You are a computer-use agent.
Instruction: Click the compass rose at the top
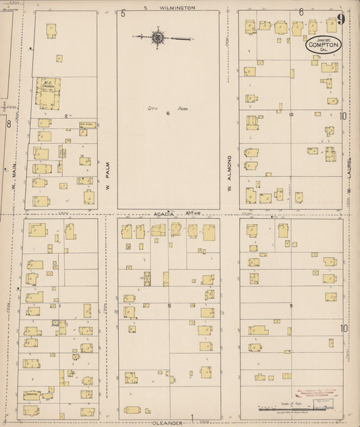pyautogui.click(x=158, y=38)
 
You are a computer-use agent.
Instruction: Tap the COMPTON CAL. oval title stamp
pyautogui.click(x=322, y=45)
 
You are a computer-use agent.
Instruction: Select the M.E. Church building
pyautogui.click(x=48, y=93)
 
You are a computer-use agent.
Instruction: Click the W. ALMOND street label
pyautogui.click(x=230, y=169)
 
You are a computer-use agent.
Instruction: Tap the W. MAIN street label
pyautogui.click(x=14, y=180)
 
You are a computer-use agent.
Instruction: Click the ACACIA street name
pyautogui.click(x=164, y=214)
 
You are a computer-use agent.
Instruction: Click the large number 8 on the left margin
pyautogui.click(x=8, y=124)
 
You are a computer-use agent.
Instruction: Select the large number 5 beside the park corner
pyautogui.click(x=123, y=13)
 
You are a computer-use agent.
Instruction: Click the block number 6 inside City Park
pyautogui.click(x=168, y=114)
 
